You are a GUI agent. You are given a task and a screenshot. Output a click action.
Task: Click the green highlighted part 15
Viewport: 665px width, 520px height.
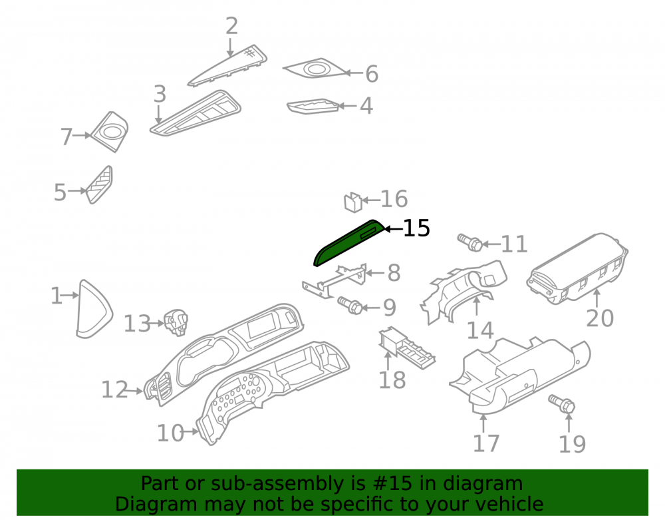(x=348, y=243)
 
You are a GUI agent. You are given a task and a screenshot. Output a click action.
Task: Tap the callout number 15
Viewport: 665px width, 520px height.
(x=416, y=228)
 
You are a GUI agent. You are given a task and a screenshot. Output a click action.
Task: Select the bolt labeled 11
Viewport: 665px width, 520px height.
(x=470, y=242)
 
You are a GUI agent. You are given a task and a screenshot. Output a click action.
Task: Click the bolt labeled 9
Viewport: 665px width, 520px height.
(x=350, y=305)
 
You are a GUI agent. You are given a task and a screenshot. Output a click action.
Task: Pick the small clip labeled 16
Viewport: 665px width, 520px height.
(x=353, y=202)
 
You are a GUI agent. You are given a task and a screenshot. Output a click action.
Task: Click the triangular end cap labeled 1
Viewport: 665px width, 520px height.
(x=93, y=308)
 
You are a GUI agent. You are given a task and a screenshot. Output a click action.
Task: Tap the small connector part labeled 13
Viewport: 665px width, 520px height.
(x=176, y=322)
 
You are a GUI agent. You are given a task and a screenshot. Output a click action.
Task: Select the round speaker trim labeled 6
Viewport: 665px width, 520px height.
(x=315, y=69)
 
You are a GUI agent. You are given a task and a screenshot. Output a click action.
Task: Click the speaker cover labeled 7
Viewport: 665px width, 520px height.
(x=110, y=132)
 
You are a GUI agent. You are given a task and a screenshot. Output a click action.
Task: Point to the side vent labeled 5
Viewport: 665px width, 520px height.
(x=100, y=184)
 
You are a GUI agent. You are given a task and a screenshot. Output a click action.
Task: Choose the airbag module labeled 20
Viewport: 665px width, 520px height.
(x=577, y=268)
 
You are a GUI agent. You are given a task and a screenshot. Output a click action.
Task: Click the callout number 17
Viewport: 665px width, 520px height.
(x=486, y=443)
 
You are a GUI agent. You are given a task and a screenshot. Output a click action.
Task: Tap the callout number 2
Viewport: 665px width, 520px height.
(x=231, y=27)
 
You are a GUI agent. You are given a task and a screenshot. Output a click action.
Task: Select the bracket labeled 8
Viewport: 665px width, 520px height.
(x=334, y=280)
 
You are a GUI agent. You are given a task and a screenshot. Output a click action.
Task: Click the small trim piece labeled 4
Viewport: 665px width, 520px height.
(x=313, y=107)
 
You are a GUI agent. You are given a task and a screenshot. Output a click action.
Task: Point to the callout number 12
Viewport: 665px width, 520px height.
(x=114, y=390)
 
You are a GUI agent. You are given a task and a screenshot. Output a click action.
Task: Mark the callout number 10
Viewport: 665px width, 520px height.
(x=170, y=433)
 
